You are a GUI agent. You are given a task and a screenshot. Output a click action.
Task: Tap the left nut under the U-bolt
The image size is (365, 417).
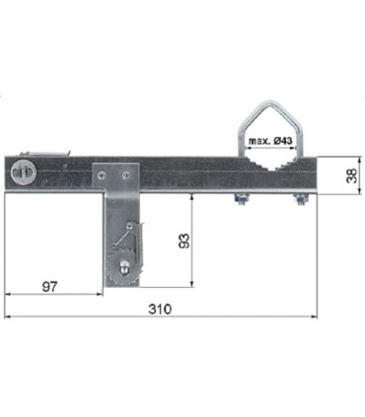(238, 204)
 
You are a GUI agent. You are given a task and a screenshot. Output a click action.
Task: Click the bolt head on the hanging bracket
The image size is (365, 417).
(124, 266)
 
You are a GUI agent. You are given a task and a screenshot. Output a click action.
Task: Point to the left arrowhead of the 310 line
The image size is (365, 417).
(8, 316)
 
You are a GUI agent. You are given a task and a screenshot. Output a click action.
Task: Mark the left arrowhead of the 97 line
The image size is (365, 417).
(8, 293)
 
